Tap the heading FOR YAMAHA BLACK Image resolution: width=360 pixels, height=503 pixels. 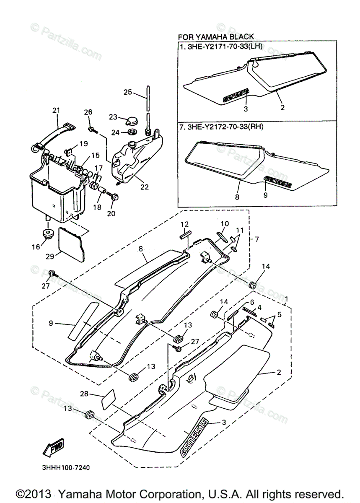click(216, 36)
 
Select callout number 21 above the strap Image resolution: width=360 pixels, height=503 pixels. click(56, 110)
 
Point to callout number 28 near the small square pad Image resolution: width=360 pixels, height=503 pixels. click(84, 394)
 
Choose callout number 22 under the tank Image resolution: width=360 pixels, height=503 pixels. click(145, 187)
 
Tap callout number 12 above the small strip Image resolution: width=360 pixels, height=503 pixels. click(185, 224)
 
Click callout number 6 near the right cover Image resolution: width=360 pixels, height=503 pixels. click(252, 302)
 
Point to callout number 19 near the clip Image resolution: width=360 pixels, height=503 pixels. click(83, 143)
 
